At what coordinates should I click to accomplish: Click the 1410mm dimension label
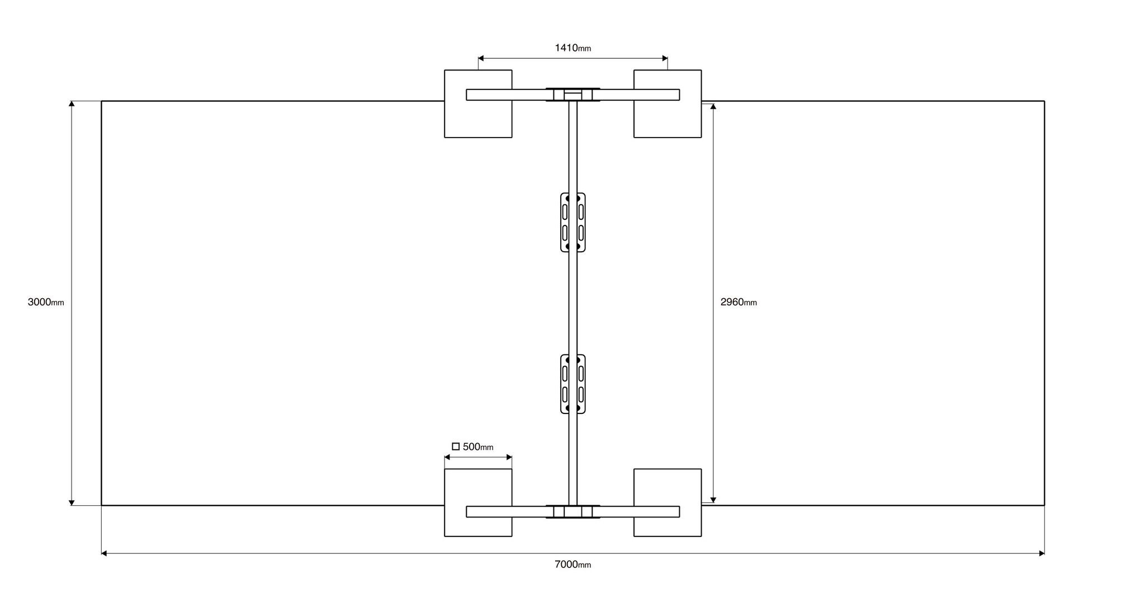[x=572, y=48]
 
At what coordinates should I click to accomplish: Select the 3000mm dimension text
[x=46, y=302]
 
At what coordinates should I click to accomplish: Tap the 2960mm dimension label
[x=739, y=302]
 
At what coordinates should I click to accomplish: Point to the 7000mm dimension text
[x=572, y=564]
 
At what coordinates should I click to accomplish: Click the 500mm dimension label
[x=478, y=446]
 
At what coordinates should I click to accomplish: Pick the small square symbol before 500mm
[x=456, y=446]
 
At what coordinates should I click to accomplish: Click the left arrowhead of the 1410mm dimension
[x=481, y=58]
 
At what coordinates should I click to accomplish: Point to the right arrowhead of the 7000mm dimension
[x=1042, y=553]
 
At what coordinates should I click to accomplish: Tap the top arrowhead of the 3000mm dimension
[x=72, y=104]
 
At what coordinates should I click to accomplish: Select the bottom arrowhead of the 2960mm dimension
[x=713, y=500]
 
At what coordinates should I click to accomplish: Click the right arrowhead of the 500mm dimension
[x=509, y=457]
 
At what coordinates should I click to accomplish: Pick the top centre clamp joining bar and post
[x=573, y=95]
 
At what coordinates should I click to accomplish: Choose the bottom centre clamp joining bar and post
[x=573, y=511]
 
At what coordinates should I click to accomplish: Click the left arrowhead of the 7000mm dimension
[x=104, y=553]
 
